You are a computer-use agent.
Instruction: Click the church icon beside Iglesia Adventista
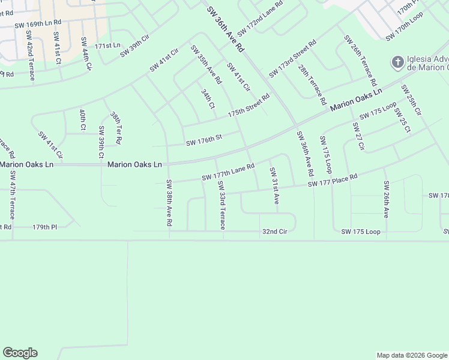coord(397,62)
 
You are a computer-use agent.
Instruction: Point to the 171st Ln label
coord(107,46)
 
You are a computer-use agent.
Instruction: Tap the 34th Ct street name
coord(208,99)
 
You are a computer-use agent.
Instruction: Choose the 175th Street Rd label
coord(249,105)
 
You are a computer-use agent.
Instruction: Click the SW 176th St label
coord(204,140)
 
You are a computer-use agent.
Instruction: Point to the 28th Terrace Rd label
coord(312,83)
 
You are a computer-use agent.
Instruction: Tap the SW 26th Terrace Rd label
coord(360,60)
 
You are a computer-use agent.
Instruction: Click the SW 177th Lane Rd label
coord(228,172)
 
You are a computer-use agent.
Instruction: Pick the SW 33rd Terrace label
coord(221,205)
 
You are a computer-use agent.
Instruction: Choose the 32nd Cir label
coord(275,231)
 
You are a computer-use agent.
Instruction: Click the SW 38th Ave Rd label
coord(170,203)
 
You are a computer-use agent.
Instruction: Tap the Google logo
coord(20,353)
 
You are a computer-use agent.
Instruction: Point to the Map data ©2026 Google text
coord(411,355)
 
